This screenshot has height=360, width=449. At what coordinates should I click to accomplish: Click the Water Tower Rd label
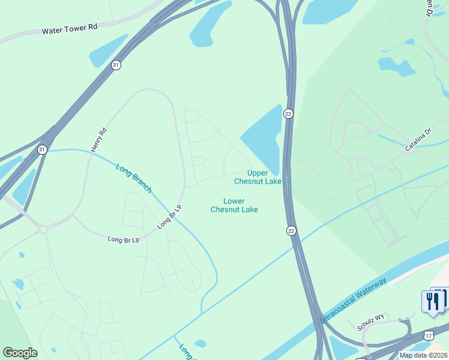pos(70,28)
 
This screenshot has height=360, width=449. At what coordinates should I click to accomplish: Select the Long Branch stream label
pos(134,178)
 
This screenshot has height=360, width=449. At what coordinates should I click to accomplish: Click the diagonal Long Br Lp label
pos(169,217)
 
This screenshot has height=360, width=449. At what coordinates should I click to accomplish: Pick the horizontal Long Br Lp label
pos(123,239)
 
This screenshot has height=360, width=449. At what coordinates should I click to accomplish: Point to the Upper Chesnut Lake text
pos(258,177)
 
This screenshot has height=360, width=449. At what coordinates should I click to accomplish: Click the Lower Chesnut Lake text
pos(234,205)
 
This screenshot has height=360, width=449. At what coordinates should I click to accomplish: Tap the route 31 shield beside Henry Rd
pos(42,149)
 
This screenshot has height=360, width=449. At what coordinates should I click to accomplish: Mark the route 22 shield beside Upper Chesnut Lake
pos(289,114)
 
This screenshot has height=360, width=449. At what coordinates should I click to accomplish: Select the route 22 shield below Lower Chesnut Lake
pos(291,230)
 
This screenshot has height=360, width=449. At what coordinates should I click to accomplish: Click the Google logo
pos(20,352)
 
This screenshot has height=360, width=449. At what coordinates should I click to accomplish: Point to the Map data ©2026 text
pos(423,355)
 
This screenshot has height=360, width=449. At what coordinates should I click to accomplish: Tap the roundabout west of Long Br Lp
pos(43,228)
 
